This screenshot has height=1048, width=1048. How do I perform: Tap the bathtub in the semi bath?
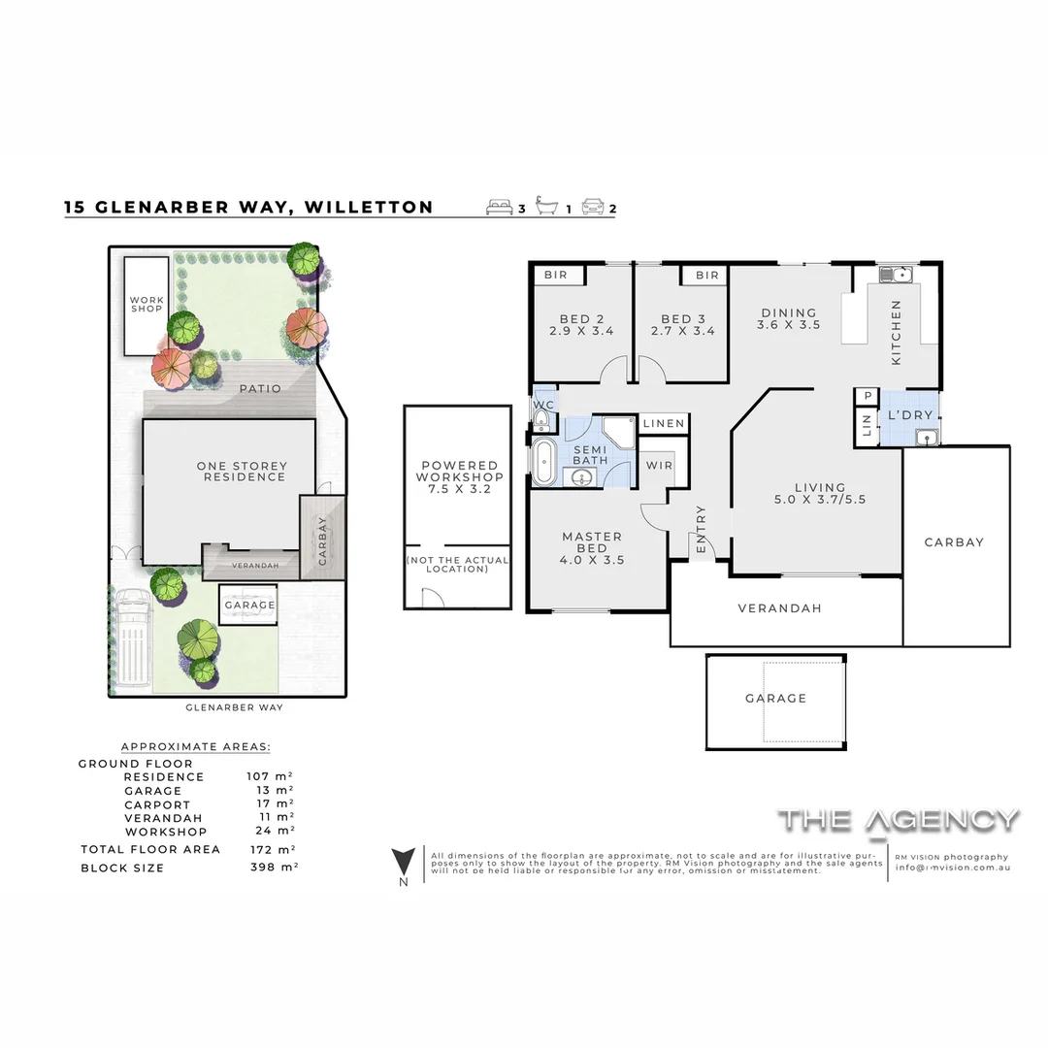point(542,460)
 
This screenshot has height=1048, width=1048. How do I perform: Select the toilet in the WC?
point(540,418)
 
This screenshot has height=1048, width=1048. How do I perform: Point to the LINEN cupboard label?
point(664,424)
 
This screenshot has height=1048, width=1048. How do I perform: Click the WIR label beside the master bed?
point(659,466)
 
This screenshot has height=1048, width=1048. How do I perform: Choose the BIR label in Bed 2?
point(555,276)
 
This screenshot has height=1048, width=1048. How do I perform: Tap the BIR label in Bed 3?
point(707,276)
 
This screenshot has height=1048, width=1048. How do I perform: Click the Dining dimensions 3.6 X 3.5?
point(789,325)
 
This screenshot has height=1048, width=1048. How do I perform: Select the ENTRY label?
point(701,531)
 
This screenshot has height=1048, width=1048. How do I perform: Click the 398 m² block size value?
point(272,868)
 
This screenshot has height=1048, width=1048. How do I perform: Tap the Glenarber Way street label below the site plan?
point(234,707)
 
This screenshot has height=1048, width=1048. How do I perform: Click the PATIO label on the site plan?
point(260,389)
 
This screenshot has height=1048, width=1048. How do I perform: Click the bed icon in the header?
point(501,207)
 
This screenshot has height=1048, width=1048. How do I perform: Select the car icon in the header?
point(593,207)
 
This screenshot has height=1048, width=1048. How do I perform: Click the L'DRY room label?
point(910,415)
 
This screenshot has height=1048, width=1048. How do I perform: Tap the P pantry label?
point(867,396)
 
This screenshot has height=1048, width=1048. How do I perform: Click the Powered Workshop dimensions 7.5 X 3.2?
point(459,489)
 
